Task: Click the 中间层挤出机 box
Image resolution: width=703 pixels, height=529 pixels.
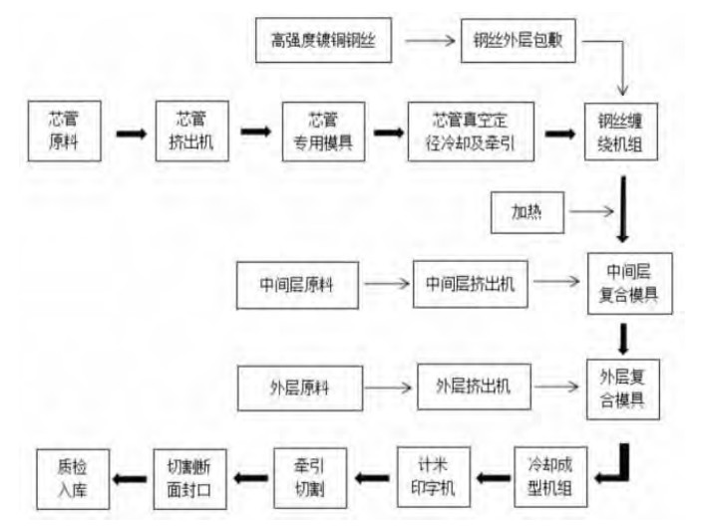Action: tap(470, 284)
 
